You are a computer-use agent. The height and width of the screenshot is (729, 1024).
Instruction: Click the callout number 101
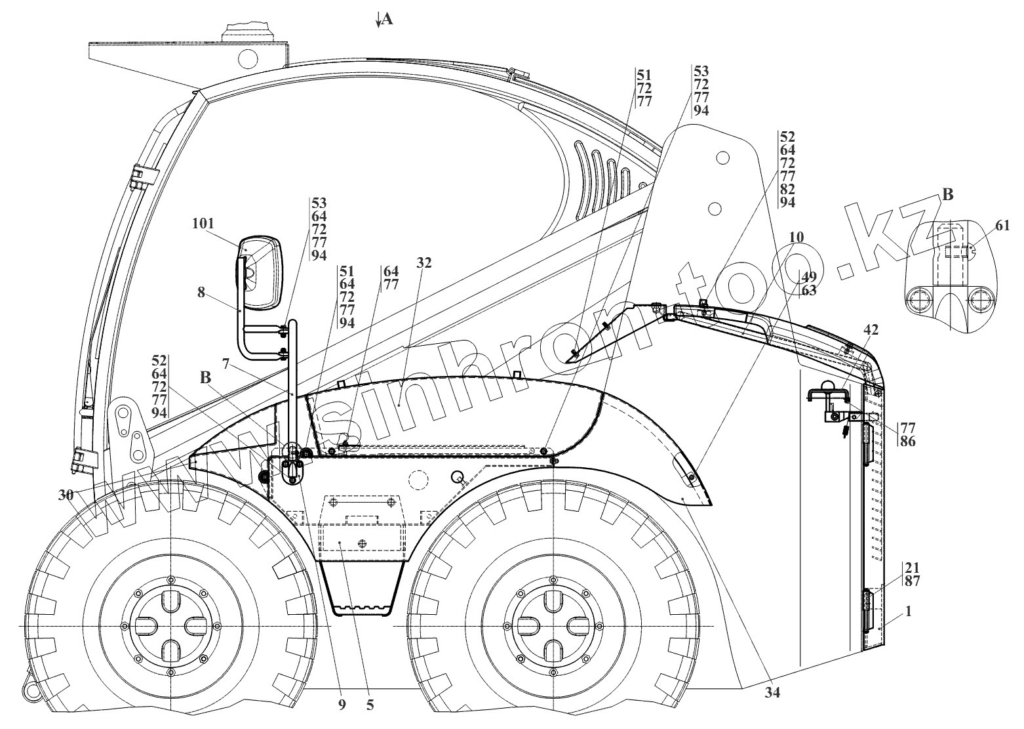pos(203,224)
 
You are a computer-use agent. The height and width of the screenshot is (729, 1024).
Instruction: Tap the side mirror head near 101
pos(260,273)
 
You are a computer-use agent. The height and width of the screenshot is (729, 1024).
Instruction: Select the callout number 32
pos(424,263)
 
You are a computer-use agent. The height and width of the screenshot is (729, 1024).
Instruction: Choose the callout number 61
pos(1002,226)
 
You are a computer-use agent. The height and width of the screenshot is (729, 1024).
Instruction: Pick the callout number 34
pos(772,691)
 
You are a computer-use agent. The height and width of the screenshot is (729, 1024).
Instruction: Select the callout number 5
pos(370,705)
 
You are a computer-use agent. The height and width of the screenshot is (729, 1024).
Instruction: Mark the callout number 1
pos(908,611)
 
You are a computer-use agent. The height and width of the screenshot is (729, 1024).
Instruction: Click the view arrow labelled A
pos(386,20)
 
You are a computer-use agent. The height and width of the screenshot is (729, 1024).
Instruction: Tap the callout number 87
pos(912,581)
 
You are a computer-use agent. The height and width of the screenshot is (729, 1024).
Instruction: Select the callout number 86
pos(908,441)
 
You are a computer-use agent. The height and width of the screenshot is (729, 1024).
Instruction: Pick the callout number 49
pos(808,276)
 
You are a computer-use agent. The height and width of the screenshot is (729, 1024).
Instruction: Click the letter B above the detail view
pos(947,194)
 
